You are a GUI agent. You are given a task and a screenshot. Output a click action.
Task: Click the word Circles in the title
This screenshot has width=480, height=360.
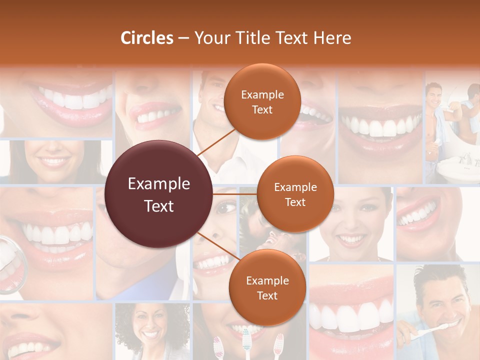[147, 38]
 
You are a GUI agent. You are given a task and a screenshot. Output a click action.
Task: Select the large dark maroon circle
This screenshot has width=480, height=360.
[159, 194]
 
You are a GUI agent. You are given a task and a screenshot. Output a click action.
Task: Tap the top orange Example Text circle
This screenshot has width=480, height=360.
[262, 101]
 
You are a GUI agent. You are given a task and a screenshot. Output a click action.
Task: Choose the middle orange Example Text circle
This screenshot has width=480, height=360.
[295, 194]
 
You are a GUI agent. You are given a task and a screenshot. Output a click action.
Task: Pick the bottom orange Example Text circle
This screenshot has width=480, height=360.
[267, 287]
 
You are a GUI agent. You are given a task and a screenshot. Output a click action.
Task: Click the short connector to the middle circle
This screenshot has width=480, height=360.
[235, 193]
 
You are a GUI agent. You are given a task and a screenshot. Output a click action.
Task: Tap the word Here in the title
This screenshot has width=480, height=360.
[332, 38]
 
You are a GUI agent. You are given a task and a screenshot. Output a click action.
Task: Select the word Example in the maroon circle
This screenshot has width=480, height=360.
[159, 184]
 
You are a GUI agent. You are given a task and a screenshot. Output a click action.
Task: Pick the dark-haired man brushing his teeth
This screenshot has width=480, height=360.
[440, 305]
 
